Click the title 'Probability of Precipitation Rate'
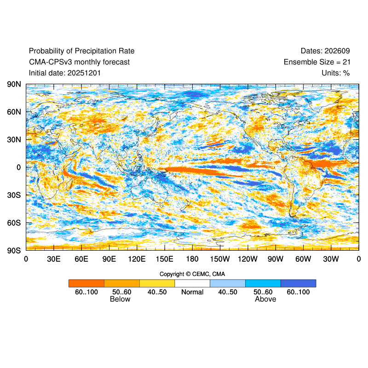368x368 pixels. coord(81,51)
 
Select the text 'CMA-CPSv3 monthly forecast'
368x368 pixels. coord(79,62)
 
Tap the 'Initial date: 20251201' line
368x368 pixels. coord(65,73)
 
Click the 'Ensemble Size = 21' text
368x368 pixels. coord(316,62)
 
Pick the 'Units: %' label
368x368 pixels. coord(336,73)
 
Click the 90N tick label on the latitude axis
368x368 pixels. coord(14,85)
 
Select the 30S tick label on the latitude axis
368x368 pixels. coord(14,195)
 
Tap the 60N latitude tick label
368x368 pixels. coord(14,112)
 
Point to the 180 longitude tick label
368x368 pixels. coord(192,259)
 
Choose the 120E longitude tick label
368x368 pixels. coord(137,259)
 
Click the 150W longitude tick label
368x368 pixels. coord(220,259)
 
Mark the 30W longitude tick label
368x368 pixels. coord(331,259)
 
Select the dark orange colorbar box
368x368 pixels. coord(86,283)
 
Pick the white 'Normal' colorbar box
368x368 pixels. coord(192,283)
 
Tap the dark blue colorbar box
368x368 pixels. coord(298,283)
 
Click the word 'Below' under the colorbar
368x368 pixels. coord(120,299)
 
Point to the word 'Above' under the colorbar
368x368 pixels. coord(265,299)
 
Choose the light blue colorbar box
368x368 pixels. coord(228,283)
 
